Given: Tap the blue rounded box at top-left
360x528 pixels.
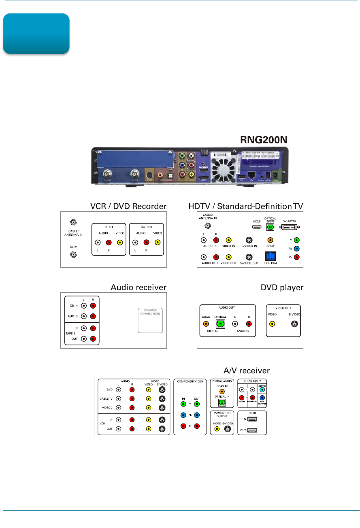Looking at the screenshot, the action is pyautogui.click(x=36, y=34).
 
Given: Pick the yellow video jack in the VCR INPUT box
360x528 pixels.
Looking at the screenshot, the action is pyautogui.click(x=119, y=243).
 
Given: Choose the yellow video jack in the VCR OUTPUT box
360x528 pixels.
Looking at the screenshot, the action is pyautogui.click(x=157, y=243).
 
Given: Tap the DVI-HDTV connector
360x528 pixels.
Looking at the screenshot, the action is pyautogui.click(x=289, y=228).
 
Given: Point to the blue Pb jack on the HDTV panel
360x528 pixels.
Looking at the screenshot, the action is pyautogui.click(x=297, y=248).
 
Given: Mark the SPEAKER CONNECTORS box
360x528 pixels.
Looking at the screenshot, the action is pyautogui.click(x=150, y=321).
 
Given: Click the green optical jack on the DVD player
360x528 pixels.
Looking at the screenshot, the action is pyautogui.click(x=220, y=324).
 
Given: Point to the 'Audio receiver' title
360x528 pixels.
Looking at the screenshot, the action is pyautogui.click(x=138, y=287).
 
